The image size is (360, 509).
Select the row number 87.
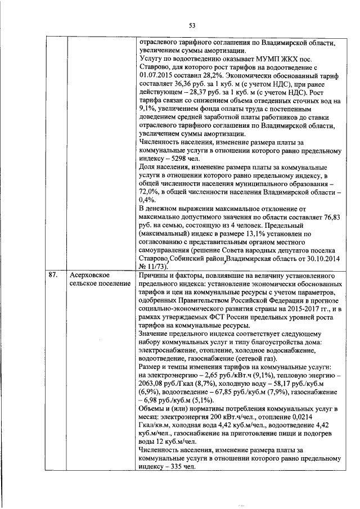53,275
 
